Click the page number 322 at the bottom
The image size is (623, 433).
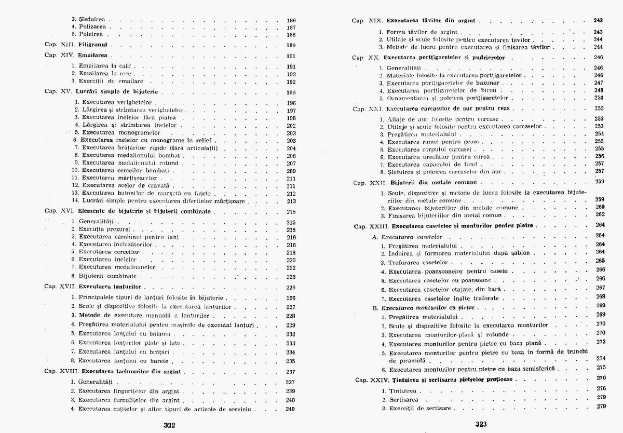coord(169,424)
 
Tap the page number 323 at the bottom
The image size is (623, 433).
coord(481,424)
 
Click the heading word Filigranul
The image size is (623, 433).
coord(93,45)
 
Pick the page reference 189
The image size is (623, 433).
coord(291,45)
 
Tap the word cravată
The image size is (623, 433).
coord(165,185)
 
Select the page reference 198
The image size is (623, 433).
coord(291,118)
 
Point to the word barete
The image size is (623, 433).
coord(161,361)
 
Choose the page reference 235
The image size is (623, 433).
coord(291,361)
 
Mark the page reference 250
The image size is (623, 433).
coord(599,98)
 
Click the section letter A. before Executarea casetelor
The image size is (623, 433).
coord(375,236)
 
